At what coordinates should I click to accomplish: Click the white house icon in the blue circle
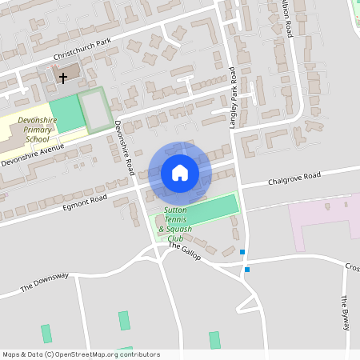180,172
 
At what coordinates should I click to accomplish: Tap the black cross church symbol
63,78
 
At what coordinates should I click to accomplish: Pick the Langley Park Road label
233,97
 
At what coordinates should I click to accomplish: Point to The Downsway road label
46,282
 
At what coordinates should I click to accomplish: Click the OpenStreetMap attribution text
81,354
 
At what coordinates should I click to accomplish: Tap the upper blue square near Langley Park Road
242,253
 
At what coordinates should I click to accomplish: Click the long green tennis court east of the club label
214,206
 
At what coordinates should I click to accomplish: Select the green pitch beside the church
66,114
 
